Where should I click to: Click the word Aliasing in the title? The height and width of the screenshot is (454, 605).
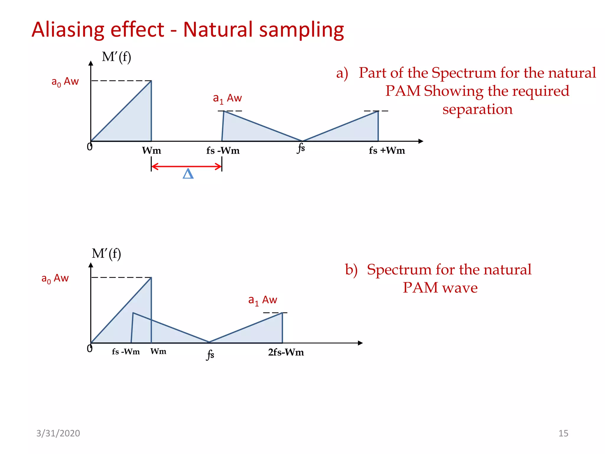[x=68, y=30]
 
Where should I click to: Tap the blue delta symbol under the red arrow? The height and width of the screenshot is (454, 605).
[x=188, y=174]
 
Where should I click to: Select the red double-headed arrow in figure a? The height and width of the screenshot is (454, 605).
[x=186, y=166]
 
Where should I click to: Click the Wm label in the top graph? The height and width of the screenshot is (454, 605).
[x=152, y=150]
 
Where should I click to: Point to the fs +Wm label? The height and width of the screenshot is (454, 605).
[x=387, y=150]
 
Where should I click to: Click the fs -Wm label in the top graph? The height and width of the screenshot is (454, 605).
[x=223, y=151]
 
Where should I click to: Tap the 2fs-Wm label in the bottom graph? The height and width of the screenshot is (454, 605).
[x=286, y=352]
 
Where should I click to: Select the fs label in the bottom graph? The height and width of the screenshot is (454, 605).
[x=210, y=354]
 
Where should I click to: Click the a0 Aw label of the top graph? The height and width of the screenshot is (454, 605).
[x=65, y=82]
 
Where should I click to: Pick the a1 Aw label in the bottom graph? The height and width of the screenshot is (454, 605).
[x=262, y=300]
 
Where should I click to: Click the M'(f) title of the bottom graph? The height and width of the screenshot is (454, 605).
[x=106, y=254]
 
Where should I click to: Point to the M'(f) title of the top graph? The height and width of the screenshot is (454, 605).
[x=116, y=57]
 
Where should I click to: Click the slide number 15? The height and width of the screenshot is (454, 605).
[x=563, y=433]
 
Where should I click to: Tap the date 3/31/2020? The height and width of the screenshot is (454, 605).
[x=58, y=433]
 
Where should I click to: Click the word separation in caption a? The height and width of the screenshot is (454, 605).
[x=477, y=109]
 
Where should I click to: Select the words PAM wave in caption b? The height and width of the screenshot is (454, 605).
[x=440, y=288]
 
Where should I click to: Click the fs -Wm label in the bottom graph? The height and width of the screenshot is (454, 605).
[x=126, y=352]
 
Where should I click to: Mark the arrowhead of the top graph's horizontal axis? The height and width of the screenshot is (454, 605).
[x=421, y=141]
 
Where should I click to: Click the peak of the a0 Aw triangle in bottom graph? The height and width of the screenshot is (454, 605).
[x=151, y=278]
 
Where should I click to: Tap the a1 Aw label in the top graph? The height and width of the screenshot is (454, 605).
[x=227, y=98]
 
